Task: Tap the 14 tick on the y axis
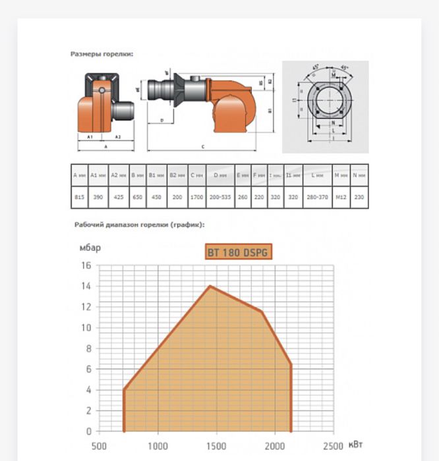[87, 286]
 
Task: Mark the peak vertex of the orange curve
[210, 286]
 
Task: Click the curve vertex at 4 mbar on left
[123, 389]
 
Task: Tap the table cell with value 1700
[196, 197]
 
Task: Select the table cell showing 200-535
[220, 197]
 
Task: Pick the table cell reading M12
[341, 197]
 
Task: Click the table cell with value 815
[79, 197]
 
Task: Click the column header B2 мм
[177, 175]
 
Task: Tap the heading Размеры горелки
[102, 54]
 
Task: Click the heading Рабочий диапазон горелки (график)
[139, 225]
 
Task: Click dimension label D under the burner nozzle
[161, 121]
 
